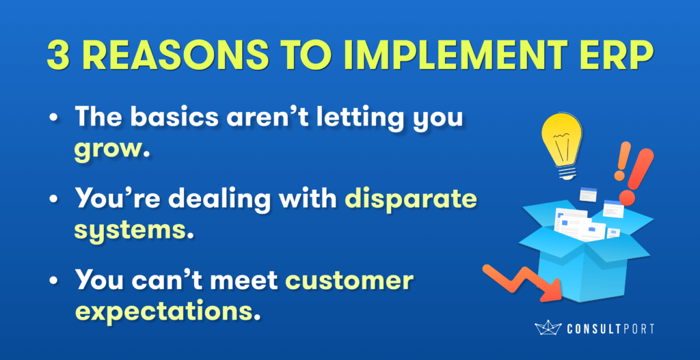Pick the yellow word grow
click(x=107, y=150)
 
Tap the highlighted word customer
click(x=349, y=282)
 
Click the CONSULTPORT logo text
click(x=610, y=329)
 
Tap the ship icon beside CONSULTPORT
click(x=548, y=328)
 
